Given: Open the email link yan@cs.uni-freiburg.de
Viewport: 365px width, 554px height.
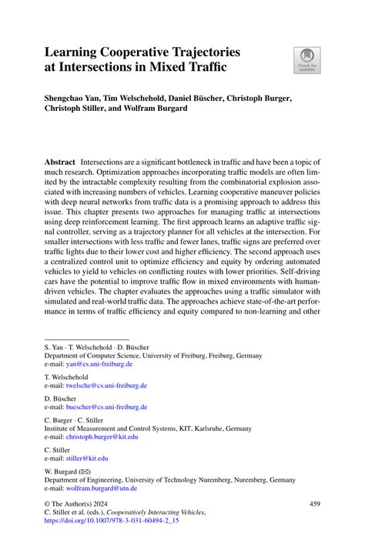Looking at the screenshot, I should tap(95, 364).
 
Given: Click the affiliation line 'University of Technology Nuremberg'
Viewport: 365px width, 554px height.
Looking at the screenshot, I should tap(169, 479).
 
